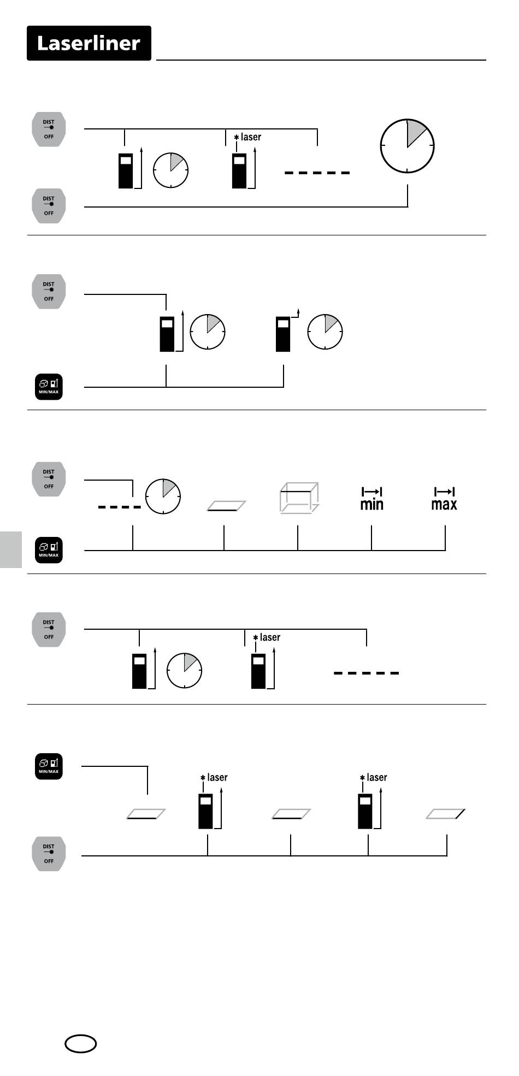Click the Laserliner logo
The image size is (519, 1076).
pyautogui.click(x=89, y=43)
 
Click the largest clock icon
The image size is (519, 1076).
pyautogui.click(x=407, y=146)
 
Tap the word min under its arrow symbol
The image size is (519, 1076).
pyautogui.click(x=371, y=504)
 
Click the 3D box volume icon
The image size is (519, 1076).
pyautogui.click(x=299, y=498)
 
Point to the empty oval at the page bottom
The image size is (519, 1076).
pyautogui.click(x=81, y=1044)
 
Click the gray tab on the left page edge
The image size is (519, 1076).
pyautogui.click(x=11, y=549)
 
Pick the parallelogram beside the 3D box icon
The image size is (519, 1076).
pyautogui.click(x=226, y=506)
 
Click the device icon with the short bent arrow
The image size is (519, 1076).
pyautogui.click(x=283, y=334)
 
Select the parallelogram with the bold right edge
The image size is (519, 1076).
pyautogui.click(x=446, y=814)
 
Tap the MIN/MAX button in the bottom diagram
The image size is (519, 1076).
pyautogui.click(x=49, y=767)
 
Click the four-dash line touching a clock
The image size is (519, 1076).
pyautogui.click(x=120, y=507)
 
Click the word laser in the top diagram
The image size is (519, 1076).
pyautogui.click(x=251, y=137)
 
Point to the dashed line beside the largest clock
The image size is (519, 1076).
pyautogui.click(x=317, y=173)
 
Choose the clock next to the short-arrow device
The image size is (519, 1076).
pyautogui.click(x=325, y=332)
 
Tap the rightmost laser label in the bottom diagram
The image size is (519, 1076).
pyautogui.click(x=376, y=777)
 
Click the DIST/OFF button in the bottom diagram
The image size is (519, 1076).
pyautogui.click(x=49, y=854)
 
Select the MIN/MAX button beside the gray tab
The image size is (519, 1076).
pyautogui.click(x=49, y=550)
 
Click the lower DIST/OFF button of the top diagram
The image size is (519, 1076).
pyautogui.click(x=49, y=206)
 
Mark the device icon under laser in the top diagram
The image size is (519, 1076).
pyautogui.click(x=239, y=171)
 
